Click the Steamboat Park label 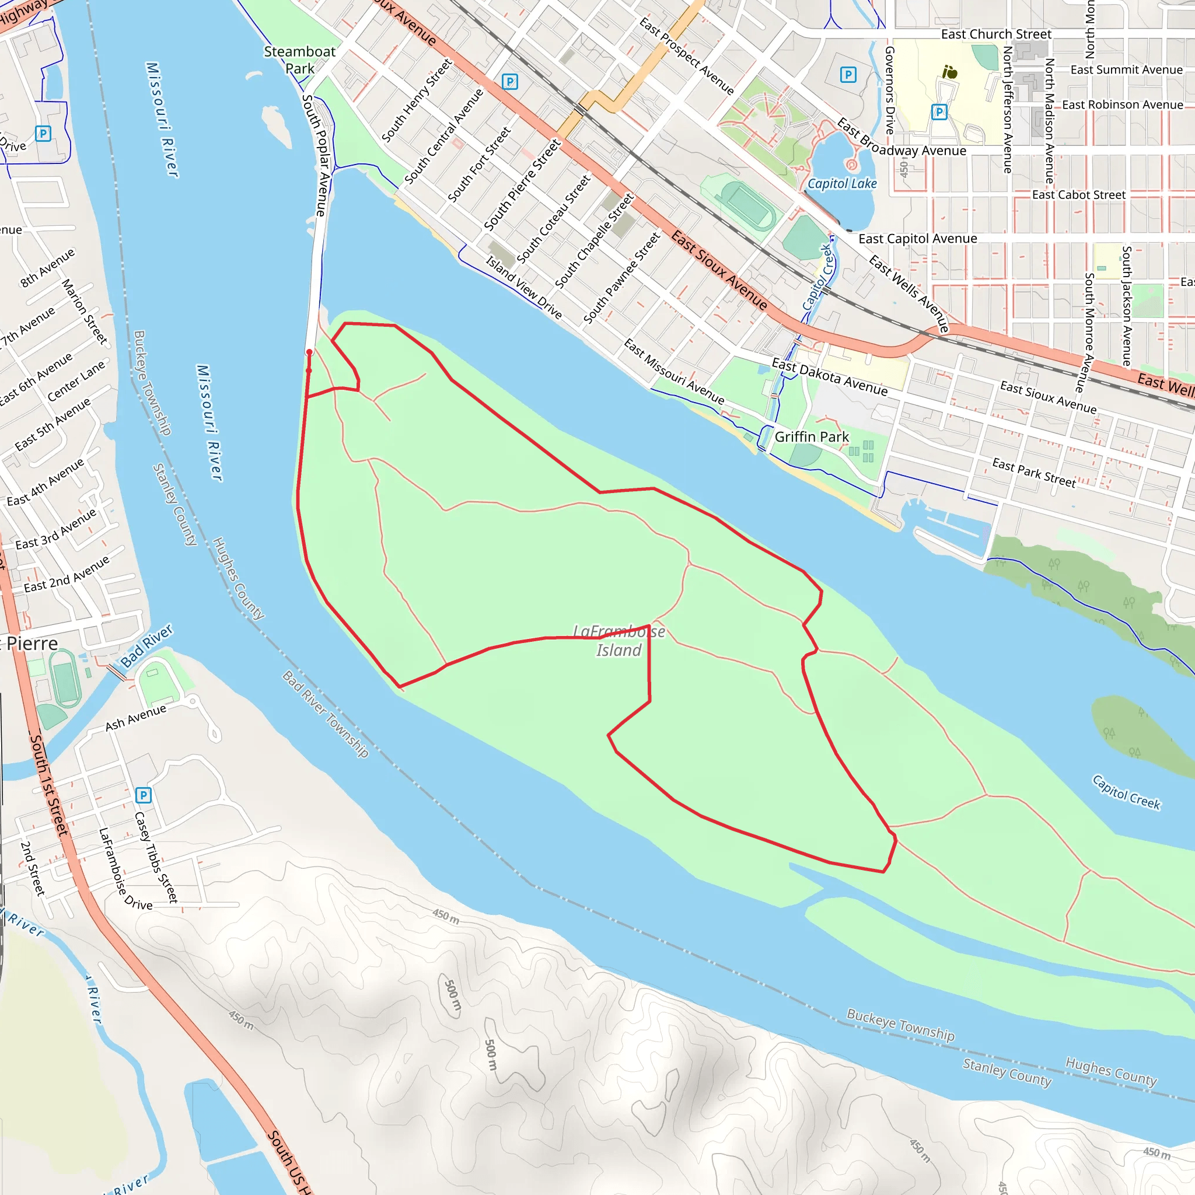(x=299, y=60)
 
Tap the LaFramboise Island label (x=619, y=640)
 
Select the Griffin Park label (x=812, y=436)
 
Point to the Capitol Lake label (x=842, y=184)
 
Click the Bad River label (x=146, y=646)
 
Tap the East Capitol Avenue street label (x=917, y=239)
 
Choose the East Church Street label (x=996, y=34)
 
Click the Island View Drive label (x=523, y=288)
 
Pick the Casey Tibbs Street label (x=156, y=857)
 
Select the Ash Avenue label (x=135, y=717)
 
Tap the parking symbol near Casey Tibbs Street (x=144, y=795)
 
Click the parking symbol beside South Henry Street (x=509, y=82)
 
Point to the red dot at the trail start (x=309, y=352)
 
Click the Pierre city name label (x=32, y=644)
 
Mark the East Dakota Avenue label (x=829, y=378)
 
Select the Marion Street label (x=85, y=311)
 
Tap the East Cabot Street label (x=1079, y=195)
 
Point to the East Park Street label (x=1033, y=473)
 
